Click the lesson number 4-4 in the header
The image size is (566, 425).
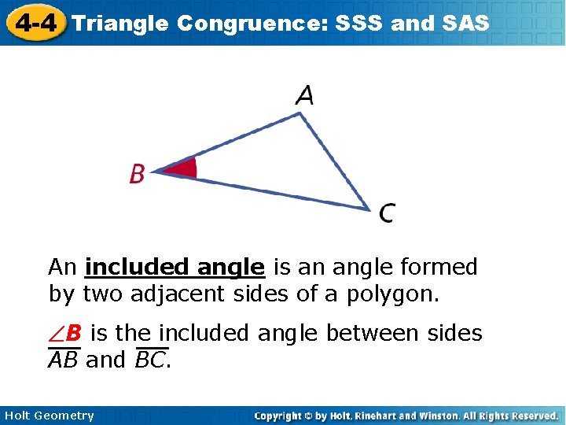[35, 22]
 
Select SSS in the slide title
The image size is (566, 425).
[359, 23]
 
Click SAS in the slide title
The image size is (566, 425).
[461, 23]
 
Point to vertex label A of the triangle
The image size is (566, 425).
[304, 96]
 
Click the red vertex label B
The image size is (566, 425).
[137, 174]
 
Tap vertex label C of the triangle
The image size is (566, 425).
[387, 213]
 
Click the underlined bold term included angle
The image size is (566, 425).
[175, 268]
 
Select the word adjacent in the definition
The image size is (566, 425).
[173, 295]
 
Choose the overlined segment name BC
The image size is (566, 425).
[152, 360]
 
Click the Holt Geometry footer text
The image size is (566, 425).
[49, 416]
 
